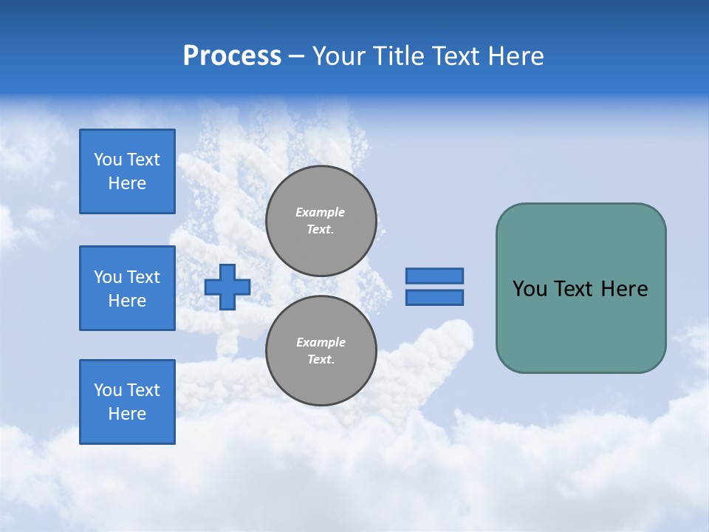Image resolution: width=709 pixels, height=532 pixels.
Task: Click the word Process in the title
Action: (x=232, y=56)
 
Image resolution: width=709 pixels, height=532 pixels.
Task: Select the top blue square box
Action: (x=127, y=171)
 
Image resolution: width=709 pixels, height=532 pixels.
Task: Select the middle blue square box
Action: (x=127, y=288)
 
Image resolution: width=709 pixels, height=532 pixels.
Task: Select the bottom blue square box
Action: (x=127, y=402)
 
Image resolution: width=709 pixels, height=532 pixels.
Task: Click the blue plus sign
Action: (x=227, y=287)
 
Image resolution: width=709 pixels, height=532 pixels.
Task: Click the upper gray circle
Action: (x=321, y=221)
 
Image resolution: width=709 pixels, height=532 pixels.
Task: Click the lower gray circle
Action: (x=321, y=351)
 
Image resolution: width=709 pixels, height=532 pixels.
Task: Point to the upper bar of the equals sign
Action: (x=434, y=276)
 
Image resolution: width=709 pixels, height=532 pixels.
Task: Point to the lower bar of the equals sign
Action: (x=434, y=297)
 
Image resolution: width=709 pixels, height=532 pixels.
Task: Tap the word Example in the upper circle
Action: (x=321, y=212)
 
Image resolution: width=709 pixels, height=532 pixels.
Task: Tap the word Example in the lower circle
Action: (x=321, y=342)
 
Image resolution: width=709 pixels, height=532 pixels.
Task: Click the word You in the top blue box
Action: (x=107, y=160)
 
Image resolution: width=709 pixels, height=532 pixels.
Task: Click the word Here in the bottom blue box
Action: (x=127, y=414)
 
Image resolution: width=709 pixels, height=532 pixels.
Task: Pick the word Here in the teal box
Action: (x=625, y=289)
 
